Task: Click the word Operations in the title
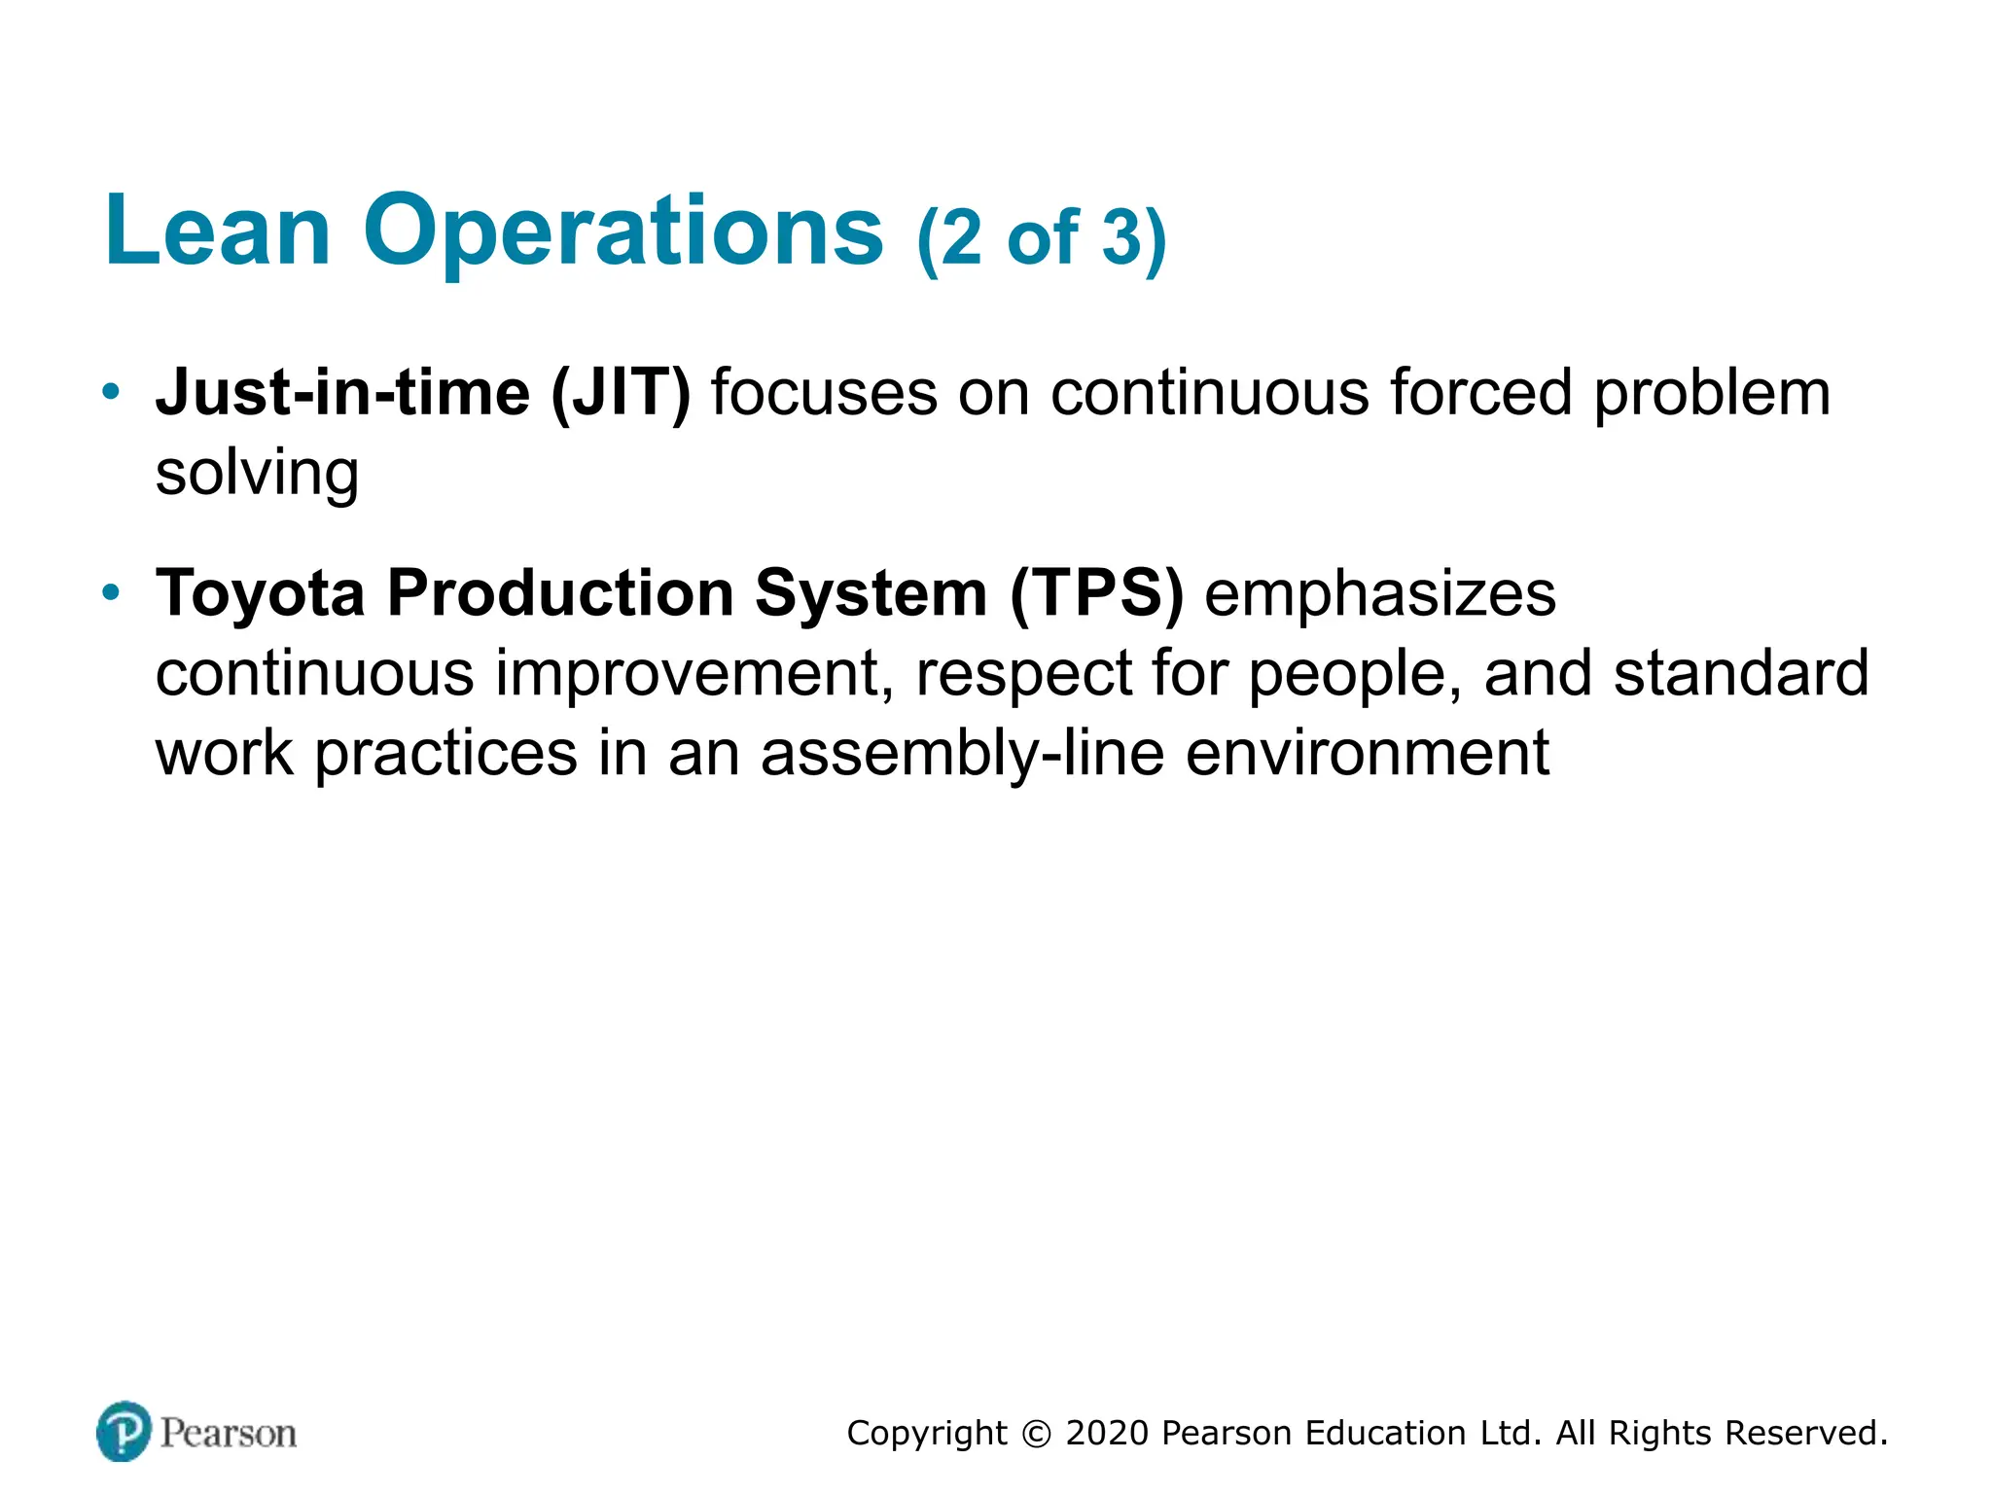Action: click(622, 233)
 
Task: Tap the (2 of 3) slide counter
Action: click(1041, 238)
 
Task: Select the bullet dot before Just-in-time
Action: click(112, 392)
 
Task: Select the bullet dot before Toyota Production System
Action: click(112, 591)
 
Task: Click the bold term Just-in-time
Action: click(342, 393)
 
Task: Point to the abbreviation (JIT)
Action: click(621, 394)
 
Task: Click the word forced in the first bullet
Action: click(1480, 393)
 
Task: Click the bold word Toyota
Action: click(260, 593)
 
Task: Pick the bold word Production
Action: click(559, 593)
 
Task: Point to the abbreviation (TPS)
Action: click(1096, 593)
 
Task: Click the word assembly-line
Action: click(962, 755)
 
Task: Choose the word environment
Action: click(1367, 755)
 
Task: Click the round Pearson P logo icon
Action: click(124, 1431)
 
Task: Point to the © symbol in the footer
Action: click(1037, 1434)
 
